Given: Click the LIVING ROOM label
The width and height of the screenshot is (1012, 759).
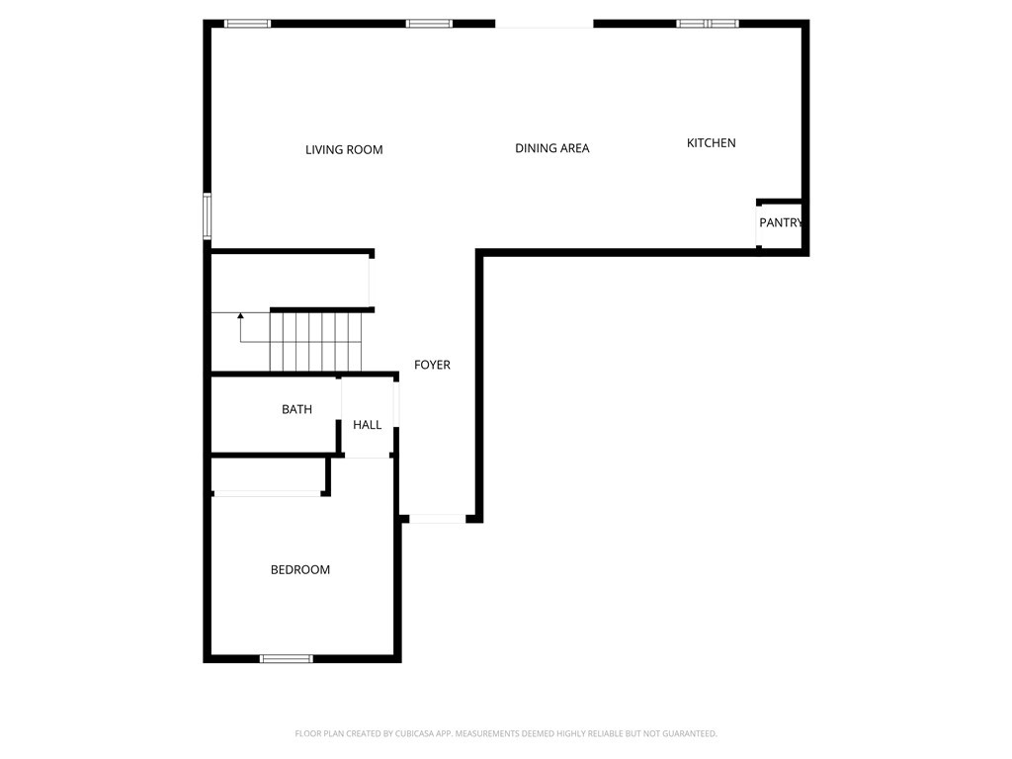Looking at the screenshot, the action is coord(344,150).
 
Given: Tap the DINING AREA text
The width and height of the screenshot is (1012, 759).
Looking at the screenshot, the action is coord(551,148).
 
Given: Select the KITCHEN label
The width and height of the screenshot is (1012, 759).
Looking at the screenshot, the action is coord(712,143).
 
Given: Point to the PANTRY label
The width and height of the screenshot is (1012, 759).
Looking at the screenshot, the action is coord(781,222).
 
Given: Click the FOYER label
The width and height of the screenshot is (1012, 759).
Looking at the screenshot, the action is coord(433,366).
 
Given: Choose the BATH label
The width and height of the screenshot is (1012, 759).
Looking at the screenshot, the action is coord(296,409).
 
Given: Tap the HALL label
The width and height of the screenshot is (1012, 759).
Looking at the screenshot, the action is coord(368,425).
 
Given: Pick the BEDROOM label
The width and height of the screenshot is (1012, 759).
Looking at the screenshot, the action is coord(300,570).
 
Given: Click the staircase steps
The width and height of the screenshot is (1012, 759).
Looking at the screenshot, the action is coord(315,342).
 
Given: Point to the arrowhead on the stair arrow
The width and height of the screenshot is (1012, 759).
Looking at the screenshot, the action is coord(241,315).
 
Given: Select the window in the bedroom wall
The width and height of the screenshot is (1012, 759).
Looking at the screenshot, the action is coord(287,659).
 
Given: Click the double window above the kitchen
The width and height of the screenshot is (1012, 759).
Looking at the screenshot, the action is coord(708,24).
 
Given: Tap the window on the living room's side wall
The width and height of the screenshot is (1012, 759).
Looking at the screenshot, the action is coord(208,216).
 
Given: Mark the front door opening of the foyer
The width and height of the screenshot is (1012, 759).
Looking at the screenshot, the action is coord(437,518).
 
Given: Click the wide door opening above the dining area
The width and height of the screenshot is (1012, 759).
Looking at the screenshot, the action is coord(545,24).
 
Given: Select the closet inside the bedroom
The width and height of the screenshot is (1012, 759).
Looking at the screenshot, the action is coord(269,475).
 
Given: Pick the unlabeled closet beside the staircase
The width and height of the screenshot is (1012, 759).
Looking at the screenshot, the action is coord(290,281).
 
